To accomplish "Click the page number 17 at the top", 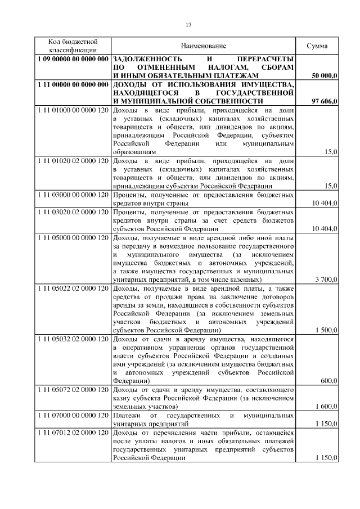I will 188,24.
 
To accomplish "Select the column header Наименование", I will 203,46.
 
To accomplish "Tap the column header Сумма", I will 317,46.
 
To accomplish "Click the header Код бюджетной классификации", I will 73,46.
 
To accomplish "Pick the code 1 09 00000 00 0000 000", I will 73,58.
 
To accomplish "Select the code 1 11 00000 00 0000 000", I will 73,84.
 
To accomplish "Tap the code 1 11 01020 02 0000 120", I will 73,161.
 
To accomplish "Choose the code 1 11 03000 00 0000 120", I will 73,195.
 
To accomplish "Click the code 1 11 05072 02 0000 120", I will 73,390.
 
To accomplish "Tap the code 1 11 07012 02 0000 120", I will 73,433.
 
